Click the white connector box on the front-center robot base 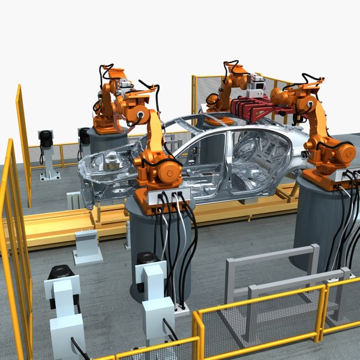pyautogui.click(x=170, y=198)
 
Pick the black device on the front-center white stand pyautogui.click(x=146, y=259)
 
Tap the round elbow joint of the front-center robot pyautogui.click(x=142, y=114)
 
